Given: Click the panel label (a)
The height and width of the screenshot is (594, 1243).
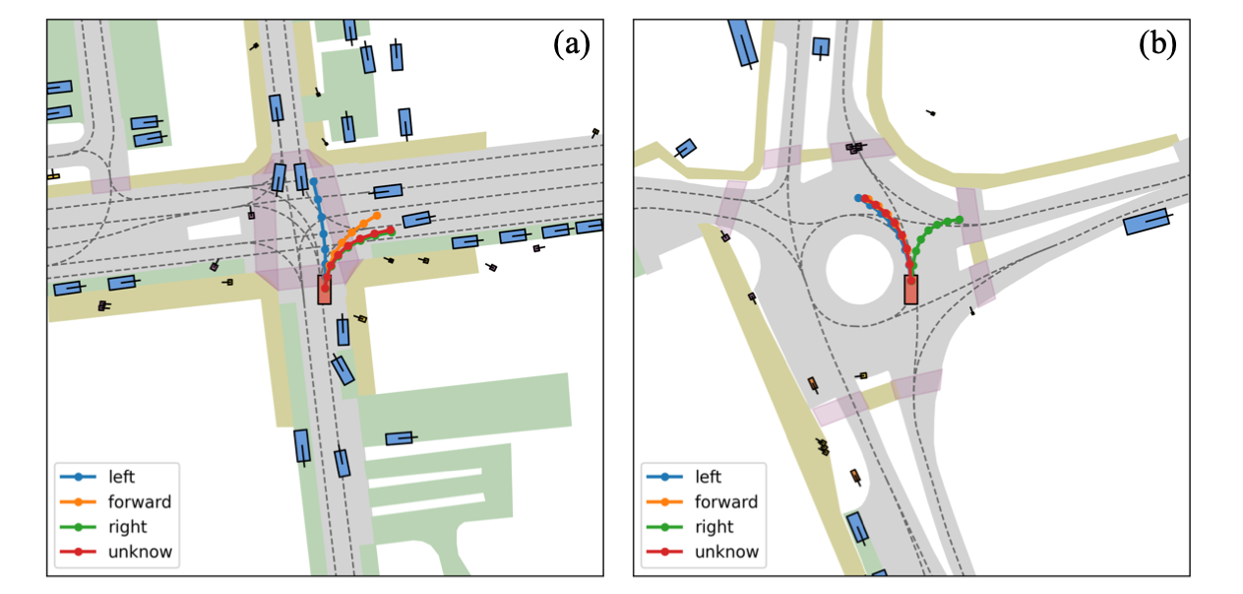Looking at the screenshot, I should (x=571, y=44).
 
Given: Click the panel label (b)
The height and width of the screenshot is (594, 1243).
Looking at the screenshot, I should (x=1157, y=44).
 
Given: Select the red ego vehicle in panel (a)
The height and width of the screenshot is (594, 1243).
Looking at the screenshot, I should (x=325, y=291).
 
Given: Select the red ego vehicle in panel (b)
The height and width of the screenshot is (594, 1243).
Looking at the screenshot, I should (x=911, y=290).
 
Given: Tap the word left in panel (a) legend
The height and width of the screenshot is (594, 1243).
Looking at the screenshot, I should (x=121, y=477).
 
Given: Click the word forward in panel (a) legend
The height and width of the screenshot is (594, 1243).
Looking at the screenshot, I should (x=139, y=501).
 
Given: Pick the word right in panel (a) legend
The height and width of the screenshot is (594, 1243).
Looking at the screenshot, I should (x=126, y=527).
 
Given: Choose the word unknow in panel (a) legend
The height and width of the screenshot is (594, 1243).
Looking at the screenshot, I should (x=140, y=552).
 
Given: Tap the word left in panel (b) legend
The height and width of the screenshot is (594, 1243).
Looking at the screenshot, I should (x=709, y=477).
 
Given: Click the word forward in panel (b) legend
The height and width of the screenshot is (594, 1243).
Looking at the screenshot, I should (x=726, y=501).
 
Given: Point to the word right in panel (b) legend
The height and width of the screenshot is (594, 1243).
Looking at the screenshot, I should (x=714, y=527).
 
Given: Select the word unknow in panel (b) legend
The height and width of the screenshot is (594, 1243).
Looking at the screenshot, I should (x=727, y=552).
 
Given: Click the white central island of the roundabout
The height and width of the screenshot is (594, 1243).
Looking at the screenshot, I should (x=862, y=267).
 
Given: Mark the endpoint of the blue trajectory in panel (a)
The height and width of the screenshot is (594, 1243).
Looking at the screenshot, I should (x=314, y=182).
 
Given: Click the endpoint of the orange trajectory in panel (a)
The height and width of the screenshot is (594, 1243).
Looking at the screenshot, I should (x=378, y=214).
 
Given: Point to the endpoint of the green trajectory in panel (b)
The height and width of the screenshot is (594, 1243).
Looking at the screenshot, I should (x=960, y=220).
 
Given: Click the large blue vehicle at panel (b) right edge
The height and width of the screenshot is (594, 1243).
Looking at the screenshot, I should (x=1147, y=222).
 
